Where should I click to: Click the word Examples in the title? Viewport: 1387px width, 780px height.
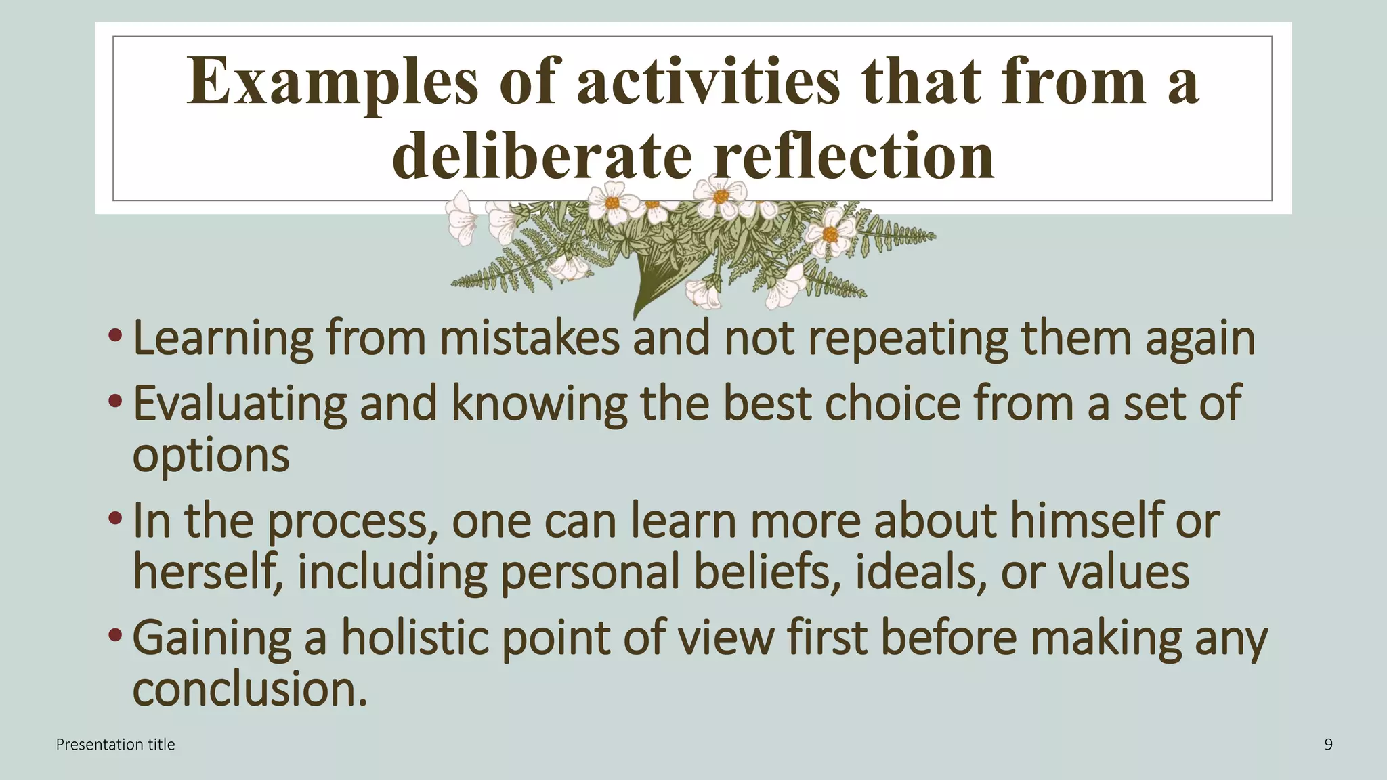tap(332, 83)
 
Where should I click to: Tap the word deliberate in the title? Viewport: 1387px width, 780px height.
tap(542, 156)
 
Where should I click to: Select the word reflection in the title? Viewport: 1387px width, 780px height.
tap(853, 156)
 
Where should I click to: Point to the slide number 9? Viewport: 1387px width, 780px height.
tap(1328, 745)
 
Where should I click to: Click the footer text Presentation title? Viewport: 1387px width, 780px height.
tap(115, 745)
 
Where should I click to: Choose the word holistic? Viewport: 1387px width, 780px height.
tap(414, 638)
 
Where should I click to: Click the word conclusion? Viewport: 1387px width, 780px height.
tap(249, 690)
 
